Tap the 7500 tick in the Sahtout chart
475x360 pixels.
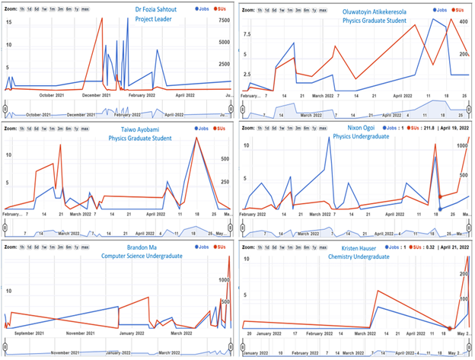224,21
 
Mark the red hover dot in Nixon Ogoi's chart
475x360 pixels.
440,198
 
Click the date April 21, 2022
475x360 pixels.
448,248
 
